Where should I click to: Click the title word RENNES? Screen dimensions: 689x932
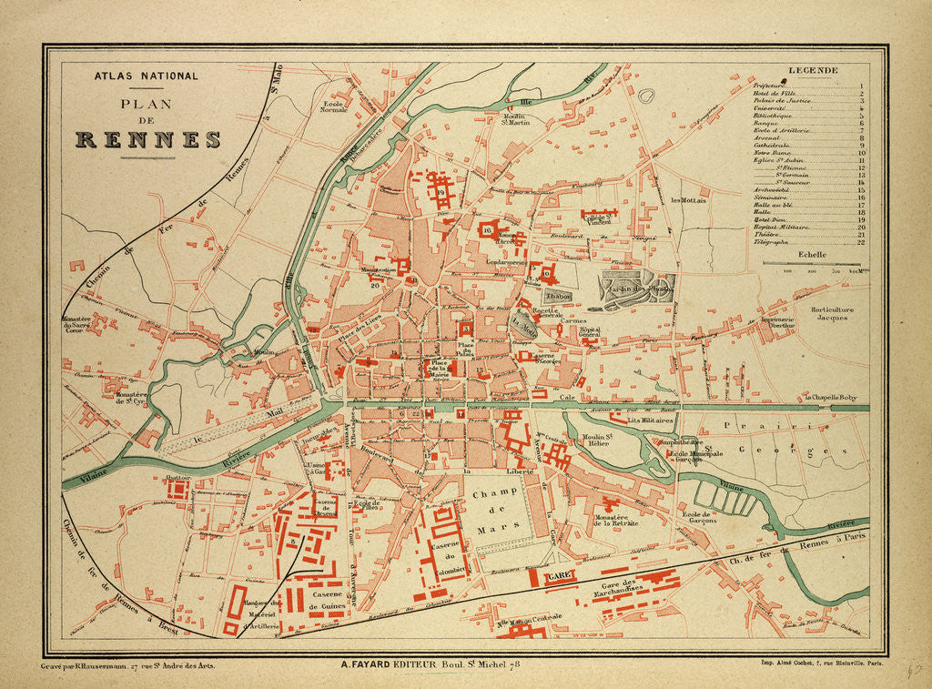[x=148, y=140]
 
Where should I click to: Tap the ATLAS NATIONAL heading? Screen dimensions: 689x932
[x=146, y=76]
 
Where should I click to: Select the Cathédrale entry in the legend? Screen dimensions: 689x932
[x=773, y=145]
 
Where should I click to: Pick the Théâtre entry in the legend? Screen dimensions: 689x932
[x=768, y=235]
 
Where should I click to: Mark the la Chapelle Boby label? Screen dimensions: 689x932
[x=830, y=398]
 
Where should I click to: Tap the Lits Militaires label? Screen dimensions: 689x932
[x=650, y=421]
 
